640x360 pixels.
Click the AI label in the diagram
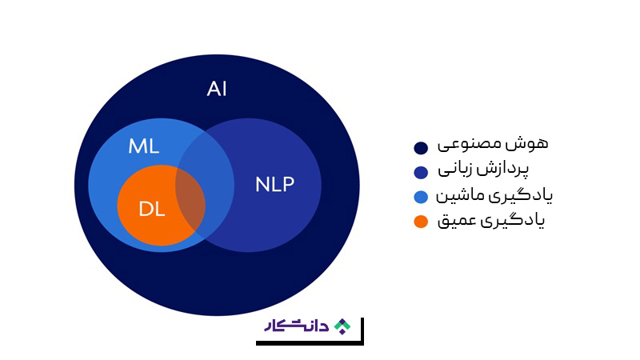tap(216, 89)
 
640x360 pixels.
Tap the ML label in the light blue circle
tap(144, 146)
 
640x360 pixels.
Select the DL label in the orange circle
tap(152, 210)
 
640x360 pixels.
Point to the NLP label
tap(274, 185)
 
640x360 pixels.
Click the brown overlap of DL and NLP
tap(192, 203)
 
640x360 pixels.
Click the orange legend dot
tap(421, 222)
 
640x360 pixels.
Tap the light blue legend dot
tap(421, 197)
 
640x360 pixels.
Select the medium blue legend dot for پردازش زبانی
tap(421, 172)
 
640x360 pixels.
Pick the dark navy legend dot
tap(421, 148)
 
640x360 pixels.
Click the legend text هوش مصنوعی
tap(493, 144)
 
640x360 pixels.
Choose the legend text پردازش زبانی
tap(483, 170)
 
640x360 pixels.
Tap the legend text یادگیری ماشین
tap(494, 195)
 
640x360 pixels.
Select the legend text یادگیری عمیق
tap(491, 221)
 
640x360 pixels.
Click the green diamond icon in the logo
tap(342, 326)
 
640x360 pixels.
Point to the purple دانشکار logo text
tap(297, 326)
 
